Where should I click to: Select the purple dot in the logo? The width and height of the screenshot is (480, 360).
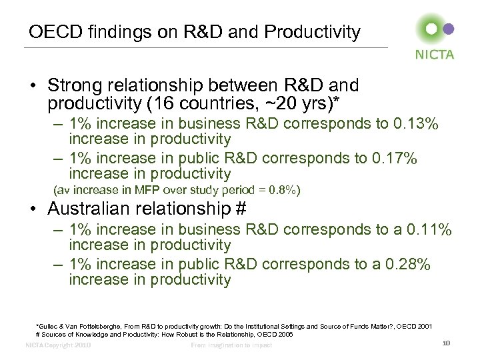pyautogui.click(x=449, y=29)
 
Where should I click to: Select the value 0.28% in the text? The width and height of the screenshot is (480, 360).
pyautogui.click(x=407, y=265)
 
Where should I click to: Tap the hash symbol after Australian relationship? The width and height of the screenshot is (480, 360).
pyautogui.click(x=241, y=209)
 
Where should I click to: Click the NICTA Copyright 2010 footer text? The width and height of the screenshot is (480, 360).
pyautogui.click(x=57, y=345)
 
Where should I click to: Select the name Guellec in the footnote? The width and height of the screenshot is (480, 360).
pyautogui.click(x=51, y=326)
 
